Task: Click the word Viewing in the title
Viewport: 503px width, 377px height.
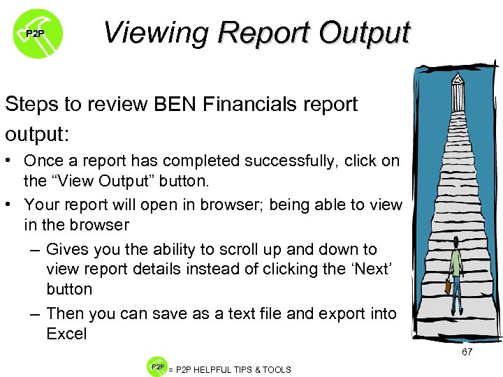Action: tap(156, 32)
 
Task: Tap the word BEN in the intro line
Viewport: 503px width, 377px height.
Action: tap(184, 105)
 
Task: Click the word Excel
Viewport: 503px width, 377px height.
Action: tap(66, 334)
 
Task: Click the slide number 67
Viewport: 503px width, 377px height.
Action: tap(467, 353)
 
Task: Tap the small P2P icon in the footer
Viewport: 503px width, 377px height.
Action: tap(156, 367)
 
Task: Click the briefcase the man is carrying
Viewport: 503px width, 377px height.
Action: tap(447, 286)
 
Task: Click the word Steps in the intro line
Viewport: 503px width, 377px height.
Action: tap(34, 105)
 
